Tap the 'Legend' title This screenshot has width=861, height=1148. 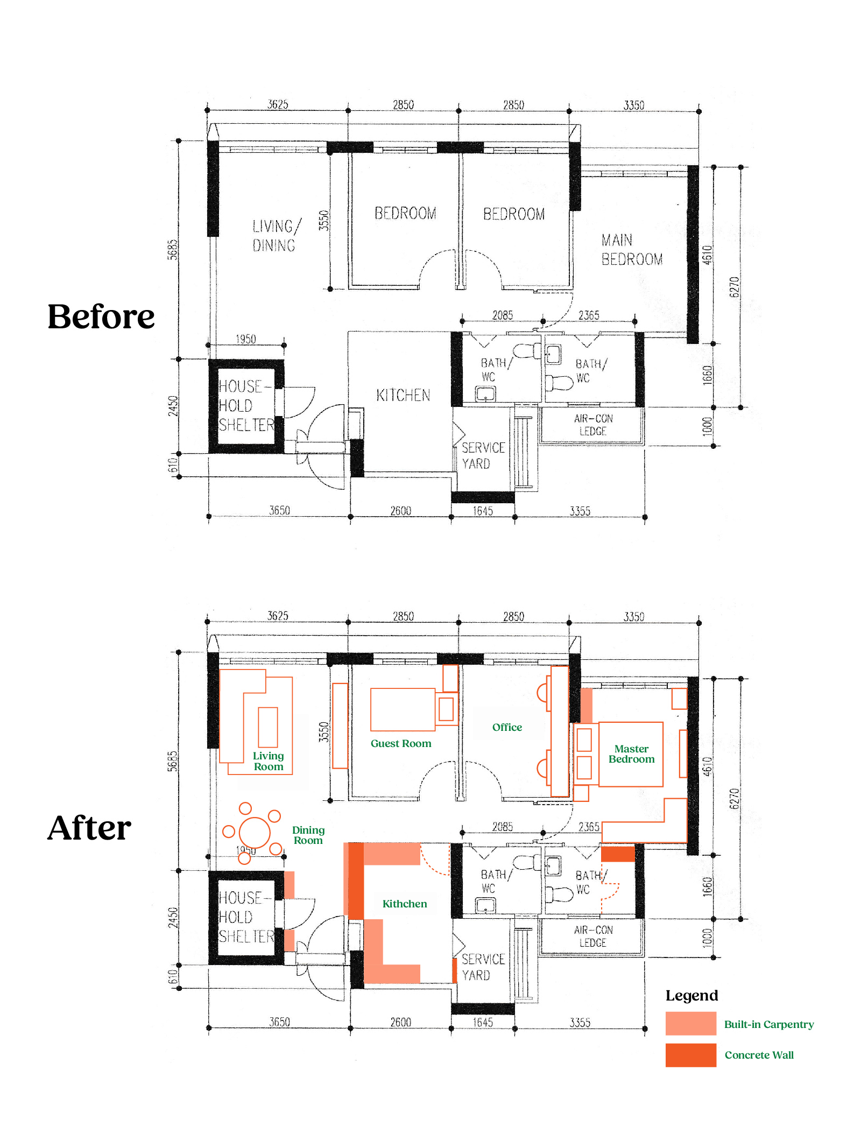(x=691, y=996)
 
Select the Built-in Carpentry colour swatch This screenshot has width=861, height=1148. (x=690, y=1023)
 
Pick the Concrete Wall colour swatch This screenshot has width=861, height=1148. (x=690, y=1055)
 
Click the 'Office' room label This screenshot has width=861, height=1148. (x=507, y=727)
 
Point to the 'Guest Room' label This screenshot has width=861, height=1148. (x=401, y=743)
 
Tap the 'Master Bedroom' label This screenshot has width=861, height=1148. (x=632, y=754)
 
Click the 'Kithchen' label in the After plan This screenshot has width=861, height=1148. (x=405, y=904)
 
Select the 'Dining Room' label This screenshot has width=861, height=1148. (x=308, y=835)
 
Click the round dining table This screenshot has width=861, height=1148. (x=255, y=832)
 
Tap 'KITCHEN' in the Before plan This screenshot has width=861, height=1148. (x=403, y=396)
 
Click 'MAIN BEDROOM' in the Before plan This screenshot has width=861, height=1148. (x=632, y=250)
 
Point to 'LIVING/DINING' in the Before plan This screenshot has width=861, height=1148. (x=277, y=236)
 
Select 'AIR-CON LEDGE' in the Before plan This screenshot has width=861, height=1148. (x=593, y=425)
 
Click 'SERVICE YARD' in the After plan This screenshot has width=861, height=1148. (x=483, y=967)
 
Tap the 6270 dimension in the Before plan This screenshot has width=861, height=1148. (x=735, y=287)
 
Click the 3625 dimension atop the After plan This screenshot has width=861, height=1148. (x=278, y=616)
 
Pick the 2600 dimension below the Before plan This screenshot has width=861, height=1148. (x=400, y=511)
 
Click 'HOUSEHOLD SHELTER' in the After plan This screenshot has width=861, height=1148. (x=246, y=917)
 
